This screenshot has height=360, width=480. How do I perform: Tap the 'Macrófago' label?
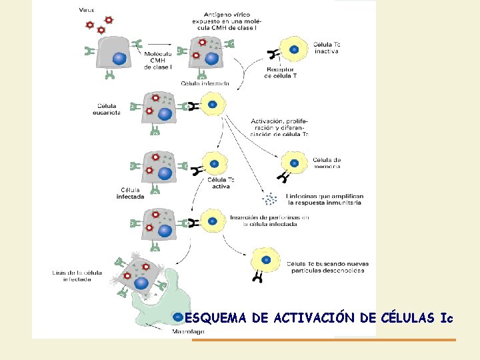tap(188, 331)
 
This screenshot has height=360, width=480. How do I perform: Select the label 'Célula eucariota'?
tap(107, 109)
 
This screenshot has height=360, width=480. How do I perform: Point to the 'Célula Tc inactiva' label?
tap(327, 48)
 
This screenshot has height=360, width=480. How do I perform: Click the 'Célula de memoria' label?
tap(326, 163)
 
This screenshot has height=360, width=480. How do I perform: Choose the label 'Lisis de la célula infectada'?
tap(77, 276)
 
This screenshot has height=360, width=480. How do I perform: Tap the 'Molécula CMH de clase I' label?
tap(157, 61)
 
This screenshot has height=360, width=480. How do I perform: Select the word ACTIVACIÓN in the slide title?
tap(304, 319)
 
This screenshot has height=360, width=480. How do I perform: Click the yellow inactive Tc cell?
tap(293, 49)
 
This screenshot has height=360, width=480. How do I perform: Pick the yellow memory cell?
tap(293, 161)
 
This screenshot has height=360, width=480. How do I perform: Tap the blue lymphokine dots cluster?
tap(271, 199)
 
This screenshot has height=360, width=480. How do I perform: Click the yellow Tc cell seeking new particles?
tap(265, 259)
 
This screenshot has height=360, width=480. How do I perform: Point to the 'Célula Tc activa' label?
tap(221, 183)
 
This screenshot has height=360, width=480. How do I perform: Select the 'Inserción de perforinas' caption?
tap(269, 221)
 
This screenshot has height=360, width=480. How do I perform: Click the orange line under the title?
tap(323, 340)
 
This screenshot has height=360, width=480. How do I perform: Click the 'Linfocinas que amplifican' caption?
tap(324, 199)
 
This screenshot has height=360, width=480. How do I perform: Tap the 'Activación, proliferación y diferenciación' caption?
tap(280, 127)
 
